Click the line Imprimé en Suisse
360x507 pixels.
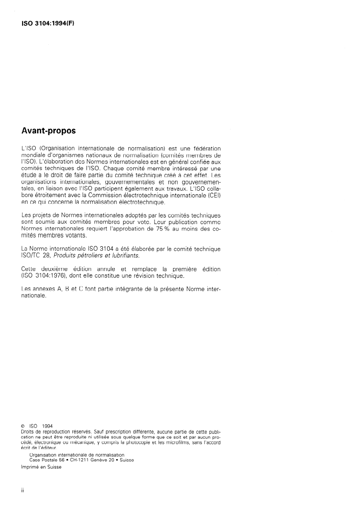click(41, 467)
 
